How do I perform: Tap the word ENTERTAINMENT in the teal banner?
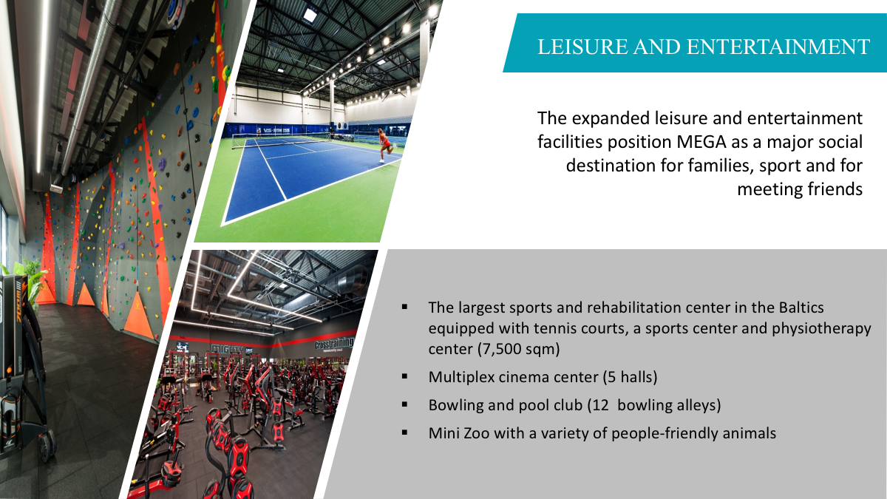pyautogui.click(x=778, y=47)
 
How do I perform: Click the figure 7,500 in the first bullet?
pyautogui.click(x=500, y=349)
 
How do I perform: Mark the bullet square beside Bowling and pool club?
pyautogui.click(x=404, y=405)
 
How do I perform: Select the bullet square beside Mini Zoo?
pyautogui.click(x=404, y=433)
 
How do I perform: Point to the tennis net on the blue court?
pyautogui.click(x=282, y=140)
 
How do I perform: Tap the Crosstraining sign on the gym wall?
pyautogui.click(x=335, y=342)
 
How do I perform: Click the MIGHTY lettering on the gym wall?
pyautogui.click(x=228, y=349)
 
